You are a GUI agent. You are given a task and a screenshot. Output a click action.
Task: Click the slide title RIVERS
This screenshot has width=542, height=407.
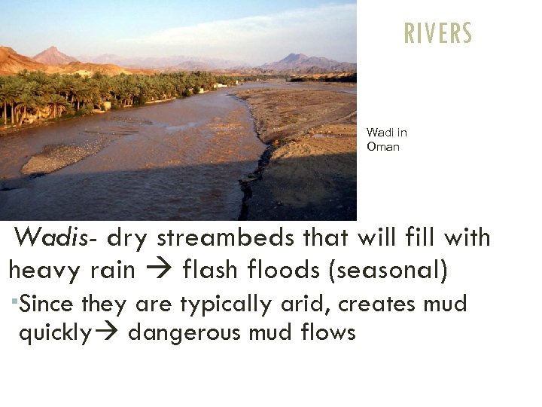pyautogui.click(x=438, y=33)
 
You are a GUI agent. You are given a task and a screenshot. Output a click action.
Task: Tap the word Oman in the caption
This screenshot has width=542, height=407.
pyautogui.click(x=383, y=147)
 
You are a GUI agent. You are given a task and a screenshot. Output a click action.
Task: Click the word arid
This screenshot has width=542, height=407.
pyautogui.click(x=311, y=304)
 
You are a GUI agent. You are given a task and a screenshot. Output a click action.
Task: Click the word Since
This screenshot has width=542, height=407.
pyautogui.click(x=47, y=304)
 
